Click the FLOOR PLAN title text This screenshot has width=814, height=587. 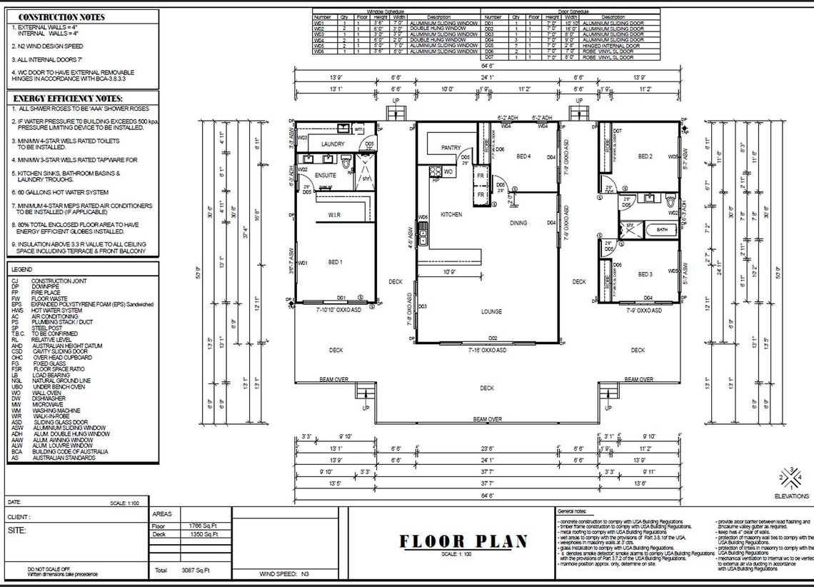coord(463,541)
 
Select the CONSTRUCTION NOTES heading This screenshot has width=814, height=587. coord(61,17)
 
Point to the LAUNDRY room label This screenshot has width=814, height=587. coord(333,144)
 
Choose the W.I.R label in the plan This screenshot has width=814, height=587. coord(333,214)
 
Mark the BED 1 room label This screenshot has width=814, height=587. coord(335,262)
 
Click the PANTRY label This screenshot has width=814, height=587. coord(451,148)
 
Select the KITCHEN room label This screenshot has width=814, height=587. coord(451,214)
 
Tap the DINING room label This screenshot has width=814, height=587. coord(518,223)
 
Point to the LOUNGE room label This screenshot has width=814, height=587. coord(491,311)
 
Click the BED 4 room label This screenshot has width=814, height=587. coord(523,156)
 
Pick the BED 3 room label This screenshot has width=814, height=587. coord(645,274)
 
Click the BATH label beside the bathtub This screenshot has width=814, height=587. coord(661,229)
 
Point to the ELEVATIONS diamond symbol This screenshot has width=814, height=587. coord(791,476)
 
